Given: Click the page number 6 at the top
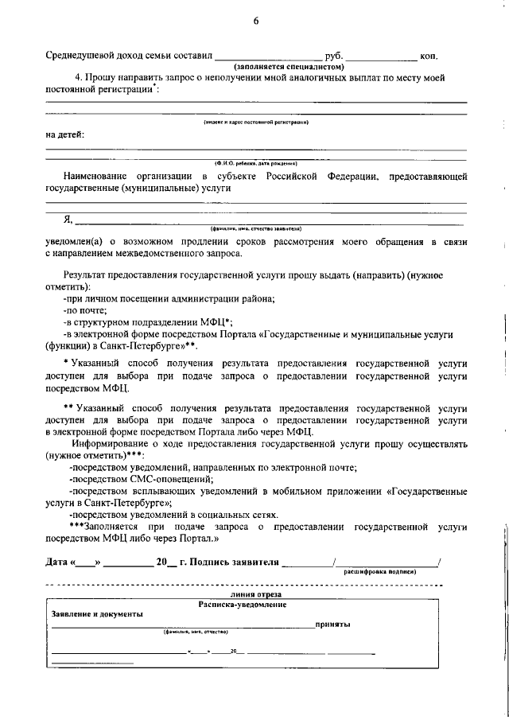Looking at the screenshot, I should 256,21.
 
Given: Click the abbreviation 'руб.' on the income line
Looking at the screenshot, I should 335,56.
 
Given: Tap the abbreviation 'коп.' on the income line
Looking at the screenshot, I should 429,56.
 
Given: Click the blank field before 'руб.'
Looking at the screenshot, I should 270,57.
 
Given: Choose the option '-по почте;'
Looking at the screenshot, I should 85,309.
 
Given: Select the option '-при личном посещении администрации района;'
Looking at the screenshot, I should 169,298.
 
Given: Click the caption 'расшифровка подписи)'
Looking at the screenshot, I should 379,571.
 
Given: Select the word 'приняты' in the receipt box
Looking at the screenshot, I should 332,625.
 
